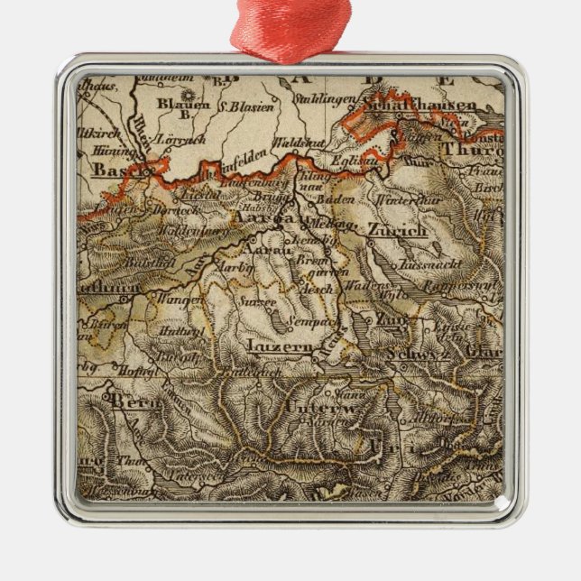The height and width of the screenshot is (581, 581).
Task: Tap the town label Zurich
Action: [x=397, y=232]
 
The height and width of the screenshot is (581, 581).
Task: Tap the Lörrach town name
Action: [x=180, y=140]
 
